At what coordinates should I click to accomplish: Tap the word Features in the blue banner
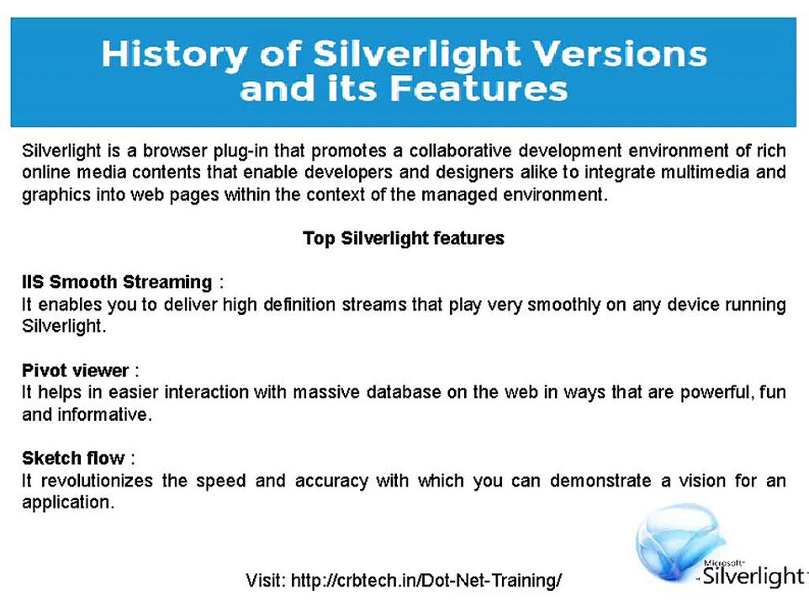481,88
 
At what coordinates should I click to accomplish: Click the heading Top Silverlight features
404,238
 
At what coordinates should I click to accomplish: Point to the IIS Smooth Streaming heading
117,281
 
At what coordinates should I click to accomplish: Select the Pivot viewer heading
76,370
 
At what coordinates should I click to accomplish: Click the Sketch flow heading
73,459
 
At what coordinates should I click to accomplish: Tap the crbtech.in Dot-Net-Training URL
426,580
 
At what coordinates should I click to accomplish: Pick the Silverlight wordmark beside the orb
753,577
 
